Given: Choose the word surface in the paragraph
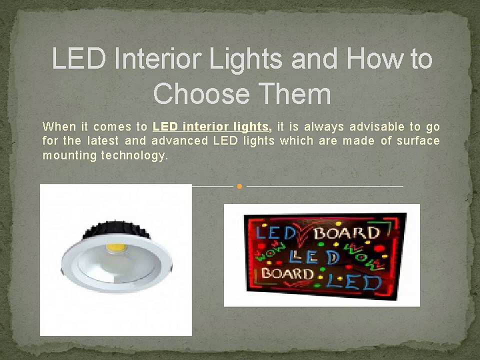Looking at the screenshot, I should coord(418,140).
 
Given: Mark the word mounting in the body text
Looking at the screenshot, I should coord(69,155).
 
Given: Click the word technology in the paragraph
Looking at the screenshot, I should coord(133,155).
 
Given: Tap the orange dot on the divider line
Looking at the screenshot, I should coord(239,186).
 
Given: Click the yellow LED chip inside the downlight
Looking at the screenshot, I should coord(115,246).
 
